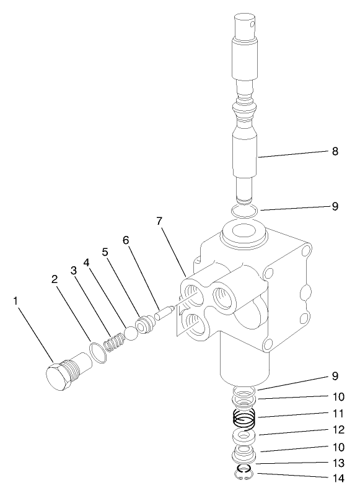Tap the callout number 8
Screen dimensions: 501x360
tap(335, 150)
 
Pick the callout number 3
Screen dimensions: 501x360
tap(73, 270)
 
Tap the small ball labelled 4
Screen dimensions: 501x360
tap(131, 333)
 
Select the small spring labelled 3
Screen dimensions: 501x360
tap(113, 342)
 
